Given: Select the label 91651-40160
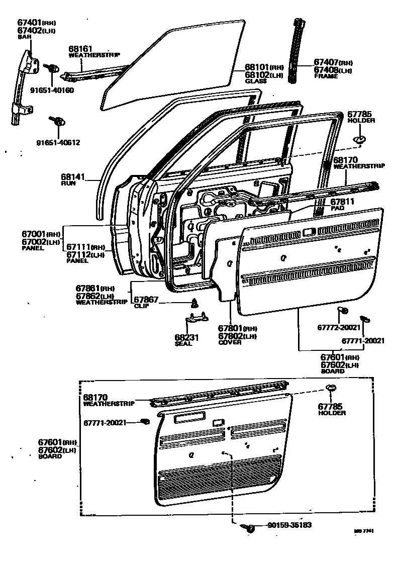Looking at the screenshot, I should (52, 90).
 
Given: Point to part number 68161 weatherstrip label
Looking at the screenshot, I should (80, 49).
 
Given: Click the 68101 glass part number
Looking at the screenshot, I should (257, 67).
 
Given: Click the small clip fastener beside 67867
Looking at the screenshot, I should (194, 303).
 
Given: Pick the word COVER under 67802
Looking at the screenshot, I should (230, 342).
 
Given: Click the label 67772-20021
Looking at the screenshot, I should (339, 327).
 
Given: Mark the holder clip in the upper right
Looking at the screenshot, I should (359, 140).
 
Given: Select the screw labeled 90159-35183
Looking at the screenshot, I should (249, 527).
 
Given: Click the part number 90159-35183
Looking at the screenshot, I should (289, 525).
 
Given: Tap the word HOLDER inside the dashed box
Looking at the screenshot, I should (332, 413).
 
